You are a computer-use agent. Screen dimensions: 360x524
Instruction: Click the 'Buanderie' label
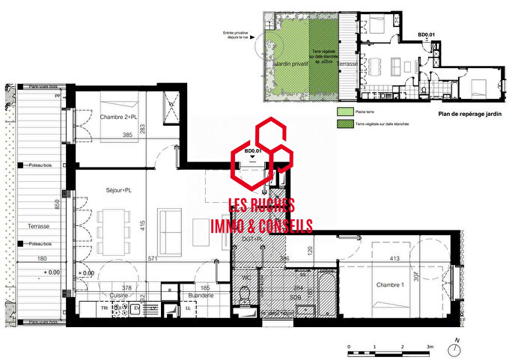coord(201,296)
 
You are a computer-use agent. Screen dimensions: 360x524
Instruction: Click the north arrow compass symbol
coord(454,348)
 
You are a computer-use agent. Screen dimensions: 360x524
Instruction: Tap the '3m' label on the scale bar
coord(430,347)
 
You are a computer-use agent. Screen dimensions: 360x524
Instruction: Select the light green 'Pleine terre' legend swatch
coord(344,110)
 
